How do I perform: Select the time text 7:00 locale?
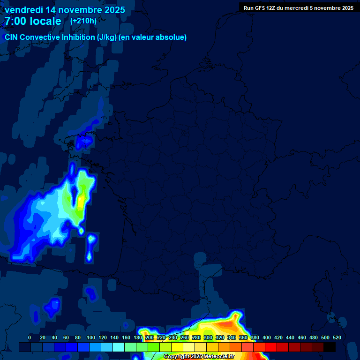tap(33, 21)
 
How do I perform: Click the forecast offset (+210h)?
tap(83, 21)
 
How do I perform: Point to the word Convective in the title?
tap(40, 37)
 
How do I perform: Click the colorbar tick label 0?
tap(30, 337)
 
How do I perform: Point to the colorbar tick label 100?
tap(91, 337)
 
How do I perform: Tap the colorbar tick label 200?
tap(150, 337)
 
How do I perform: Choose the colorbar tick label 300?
tap(208, 337)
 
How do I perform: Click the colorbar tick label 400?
tap(267, 337)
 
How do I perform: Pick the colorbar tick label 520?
tap(337, 337)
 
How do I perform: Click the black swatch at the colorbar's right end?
tap(330, 347)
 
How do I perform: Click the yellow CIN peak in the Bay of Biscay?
tap(81, 201)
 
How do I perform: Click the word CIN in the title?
tap(11, 37)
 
